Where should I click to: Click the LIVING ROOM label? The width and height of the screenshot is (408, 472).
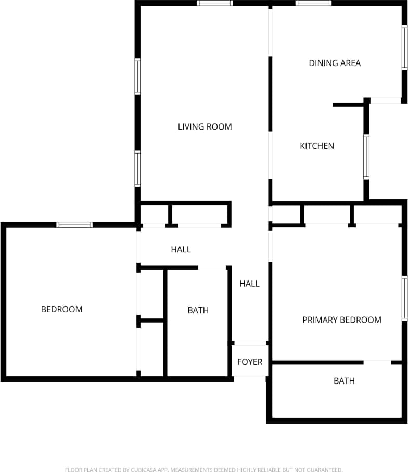click(205, 126)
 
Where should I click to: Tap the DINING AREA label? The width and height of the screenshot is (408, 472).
click(335, 63)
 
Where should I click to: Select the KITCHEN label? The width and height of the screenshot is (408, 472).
click(317, 146)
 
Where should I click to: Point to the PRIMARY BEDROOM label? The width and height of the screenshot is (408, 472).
click(342, 320)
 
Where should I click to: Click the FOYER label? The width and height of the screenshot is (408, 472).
click(250, 362)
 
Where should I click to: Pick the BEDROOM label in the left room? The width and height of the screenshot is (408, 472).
click(61, 309)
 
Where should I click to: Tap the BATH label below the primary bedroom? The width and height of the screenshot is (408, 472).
click(344, 381)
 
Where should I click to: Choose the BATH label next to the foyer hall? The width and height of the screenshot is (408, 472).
click(198, 310)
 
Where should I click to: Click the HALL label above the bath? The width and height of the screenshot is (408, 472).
click(181, 249)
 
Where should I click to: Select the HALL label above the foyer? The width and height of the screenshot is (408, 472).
click(249, 284)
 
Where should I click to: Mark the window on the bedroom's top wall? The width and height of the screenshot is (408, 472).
click(74, 225)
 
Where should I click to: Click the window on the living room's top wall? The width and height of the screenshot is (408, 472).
click(214, 3)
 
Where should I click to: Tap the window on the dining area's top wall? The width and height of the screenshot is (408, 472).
click(313, 3)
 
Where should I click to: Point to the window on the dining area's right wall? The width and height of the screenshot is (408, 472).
click(404, 48)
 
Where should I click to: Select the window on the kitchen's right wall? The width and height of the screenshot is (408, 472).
click(366, 157)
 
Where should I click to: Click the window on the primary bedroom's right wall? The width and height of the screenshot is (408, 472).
click(404, 298)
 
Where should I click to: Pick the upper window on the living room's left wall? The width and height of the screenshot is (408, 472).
click(138, 76)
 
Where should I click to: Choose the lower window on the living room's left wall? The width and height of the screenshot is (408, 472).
click(138, 168)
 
